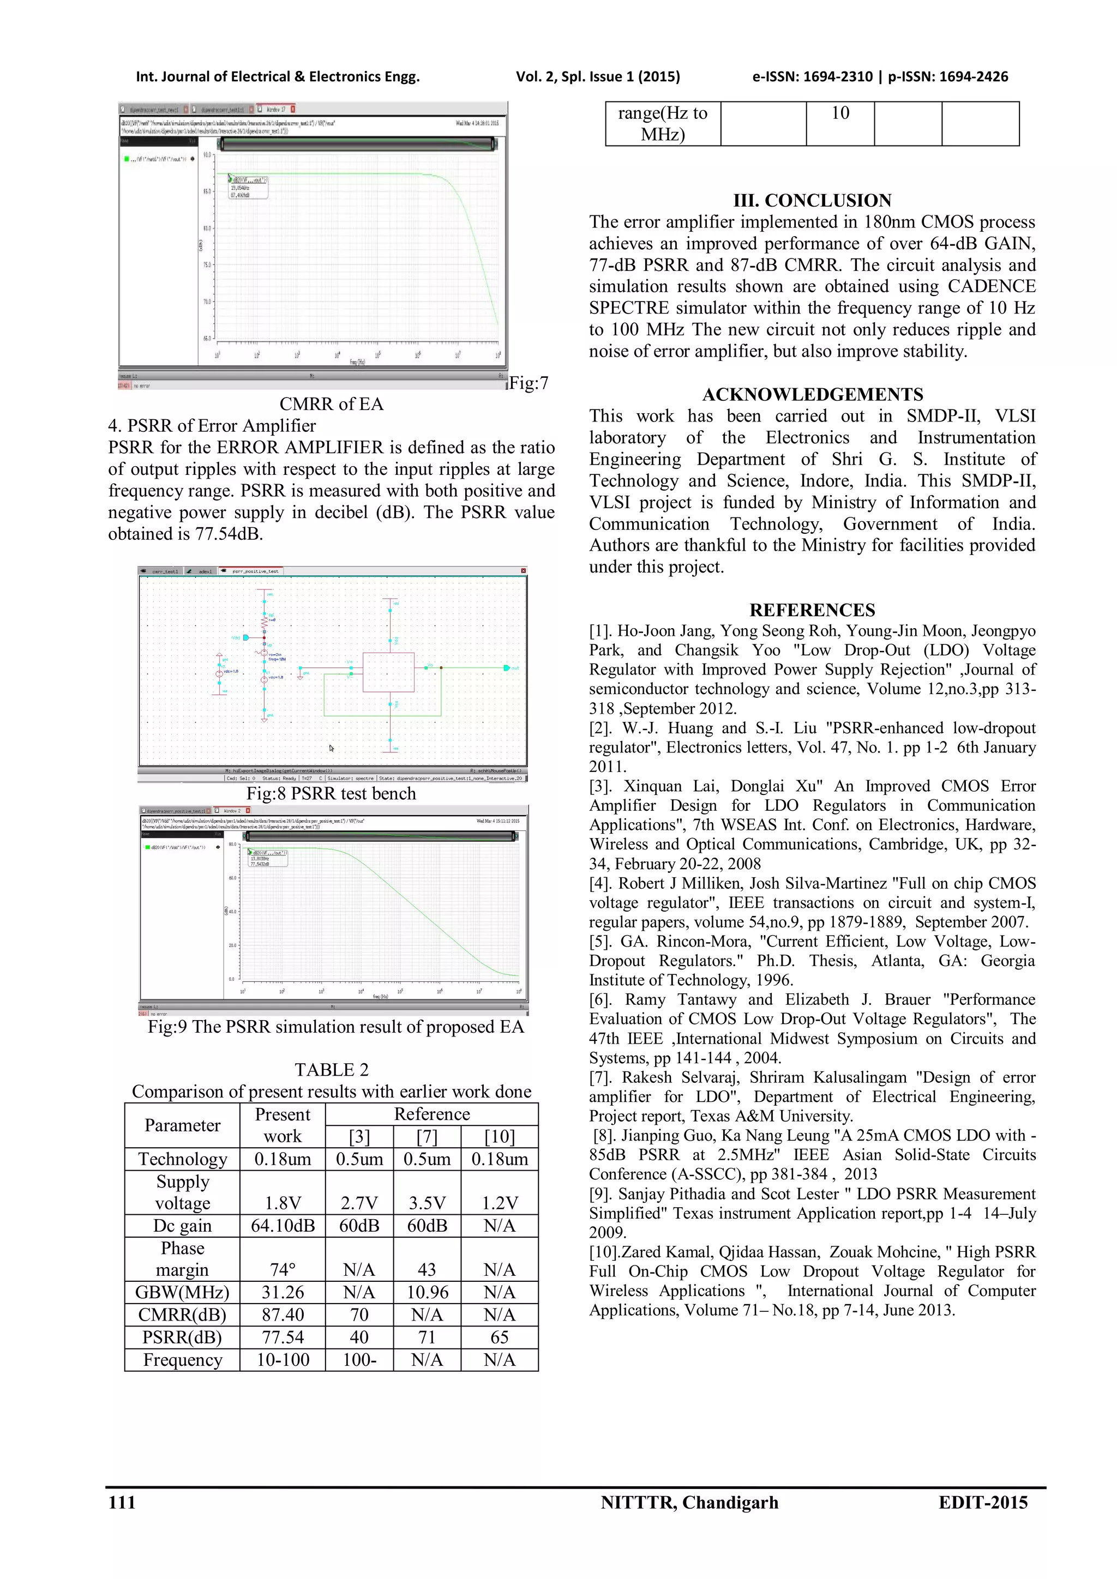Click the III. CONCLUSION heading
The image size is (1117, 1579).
[812, 201]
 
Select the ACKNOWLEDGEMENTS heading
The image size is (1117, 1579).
[812, 395]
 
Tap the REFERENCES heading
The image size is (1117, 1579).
[812, 610]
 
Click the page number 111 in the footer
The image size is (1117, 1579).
[122, 1503]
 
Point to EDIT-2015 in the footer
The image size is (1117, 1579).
[983, 1503]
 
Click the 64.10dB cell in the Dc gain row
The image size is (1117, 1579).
[283, 1226]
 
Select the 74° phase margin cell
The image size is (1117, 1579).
[283, 1269]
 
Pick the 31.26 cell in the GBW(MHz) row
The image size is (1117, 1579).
[283, 1292]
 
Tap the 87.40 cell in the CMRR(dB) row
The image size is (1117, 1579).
[283, 1315]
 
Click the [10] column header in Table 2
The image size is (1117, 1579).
[500, 1137]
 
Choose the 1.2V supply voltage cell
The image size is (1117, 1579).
[500, 1203]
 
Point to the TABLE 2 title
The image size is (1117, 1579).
[332, 1070]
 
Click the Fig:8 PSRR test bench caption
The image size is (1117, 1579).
[332, 794]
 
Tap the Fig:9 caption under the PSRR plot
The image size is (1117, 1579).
[335, 1027]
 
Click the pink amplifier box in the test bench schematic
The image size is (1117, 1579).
[389, 672]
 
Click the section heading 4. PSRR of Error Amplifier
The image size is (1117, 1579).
[212, 426]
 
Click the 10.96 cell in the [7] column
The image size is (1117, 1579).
[427, 1292]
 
